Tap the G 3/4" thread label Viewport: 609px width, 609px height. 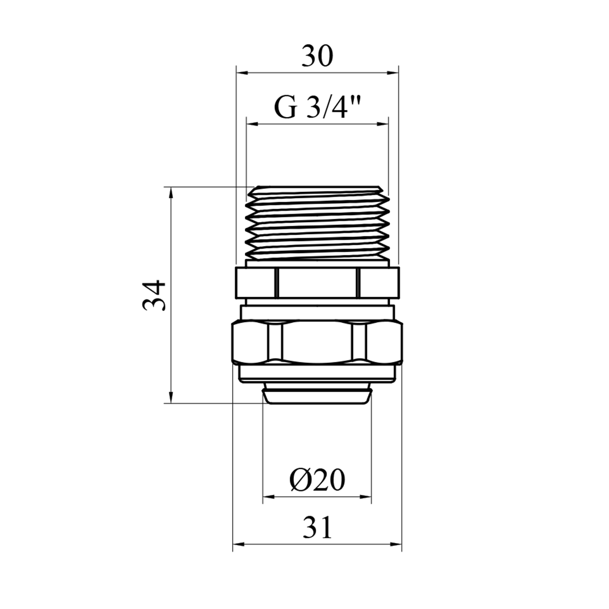(317, 107)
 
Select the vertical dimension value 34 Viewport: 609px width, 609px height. (155, 295)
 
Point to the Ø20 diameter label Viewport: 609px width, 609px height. (317, 480)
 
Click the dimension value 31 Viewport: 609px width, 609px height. (317, 527)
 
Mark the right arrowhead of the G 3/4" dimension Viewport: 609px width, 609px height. (383, 125)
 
